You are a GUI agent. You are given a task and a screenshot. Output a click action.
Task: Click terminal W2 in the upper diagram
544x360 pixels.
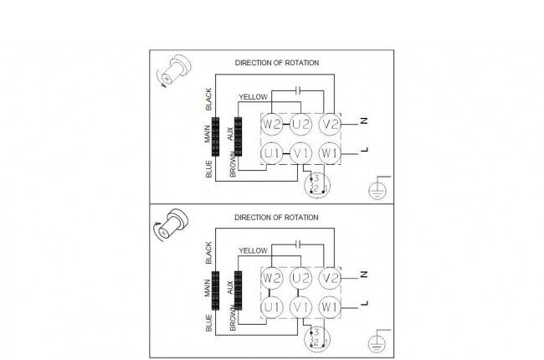point(272,124)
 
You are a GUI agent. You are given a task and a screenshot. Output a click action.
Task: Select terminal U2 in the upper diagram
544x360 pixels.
point(300,124)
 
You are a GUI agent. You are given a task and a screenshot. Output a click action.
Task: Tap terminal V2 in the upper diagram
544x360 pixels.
point(330,124)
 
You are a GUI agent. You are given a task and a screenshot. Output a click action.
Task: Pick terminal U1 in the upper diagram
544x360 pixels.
point(272,153)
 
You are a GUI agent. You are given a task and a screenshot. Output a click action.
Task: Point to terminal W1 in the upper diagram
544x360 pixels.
point(330,153)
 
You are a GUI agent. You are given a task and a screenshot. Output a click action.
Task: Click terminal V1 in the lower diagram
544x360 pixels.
point(300,307)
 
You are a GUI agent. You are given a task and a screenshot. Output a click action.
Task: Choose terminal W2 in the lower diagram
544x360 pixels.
point(272,278)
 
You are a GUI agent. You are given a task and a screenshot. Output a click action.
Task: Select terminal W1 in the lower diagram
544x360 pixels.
point(330,307)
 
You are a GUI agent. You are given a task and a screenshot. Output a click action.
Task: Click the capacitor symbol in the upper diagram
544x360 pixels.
point(298,90)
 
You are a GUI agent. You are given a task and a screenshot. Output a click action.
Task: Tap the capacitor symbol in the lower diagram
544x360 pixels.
point(298,244)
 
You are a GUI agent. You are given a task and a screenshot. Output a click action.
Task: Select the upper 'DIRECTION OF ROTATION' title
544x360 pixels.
point(277,63)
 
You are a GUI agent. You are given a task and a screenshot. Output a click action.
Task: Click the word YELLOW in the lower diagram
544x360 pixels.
point(254,250)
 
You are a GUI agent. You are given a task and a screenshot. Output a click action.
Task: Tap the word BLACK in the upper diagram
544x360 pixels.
point(208,100)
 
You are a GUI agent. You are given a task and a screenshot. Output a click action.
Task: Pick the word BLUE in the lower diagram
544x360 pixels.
point(208,323)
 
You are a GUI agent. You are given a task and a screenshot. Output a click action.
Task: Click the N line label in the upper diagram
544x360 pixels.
point(364,121)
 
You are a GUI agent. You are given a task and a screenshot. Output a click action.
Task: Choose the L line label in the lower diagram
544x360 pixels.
point(364,303)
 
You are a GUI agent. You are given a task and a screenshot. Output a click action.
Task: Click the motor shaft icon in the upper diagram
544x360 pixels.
point(174,71)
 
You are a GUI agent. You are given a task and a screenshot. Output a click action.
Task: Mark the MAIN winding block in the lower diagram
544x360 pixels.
point(215,291)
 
